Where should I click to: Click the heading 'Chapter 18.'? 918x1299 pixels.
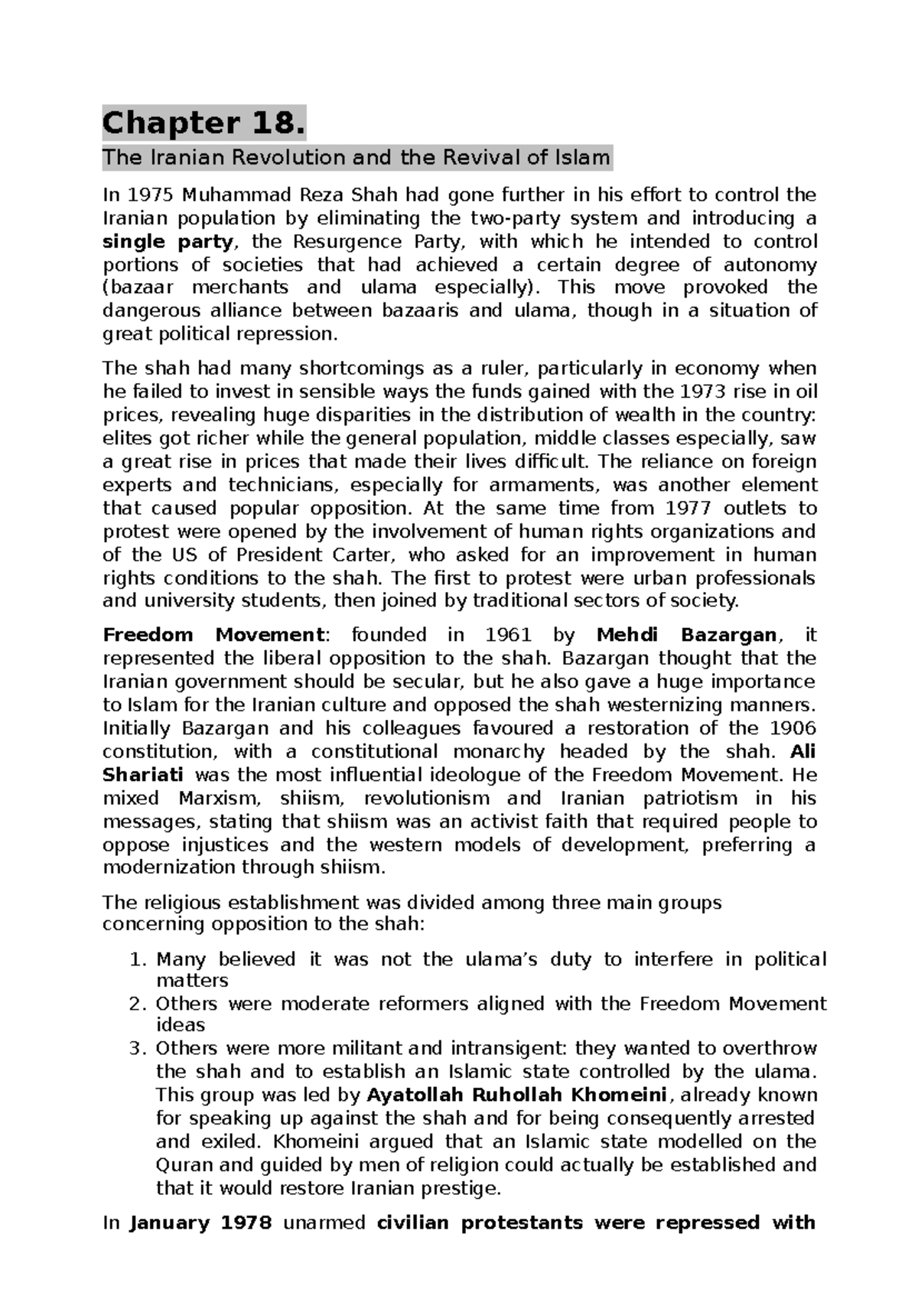204,123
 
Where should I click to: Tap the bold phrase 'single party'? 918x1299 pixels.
168,242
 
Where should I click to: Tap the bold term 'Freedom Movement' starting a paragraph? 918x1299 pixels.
214,635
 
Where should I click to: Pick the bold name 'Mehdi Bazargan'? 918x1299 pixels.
686,635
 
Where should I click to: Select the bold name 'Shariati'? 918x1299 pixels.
143,775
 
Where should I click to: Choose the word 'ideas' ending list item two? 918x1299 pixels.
181,1025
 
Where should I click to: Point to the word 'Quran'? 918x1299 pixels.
184,1165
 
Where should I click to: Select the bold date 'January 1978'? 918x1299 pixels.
200,1222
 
